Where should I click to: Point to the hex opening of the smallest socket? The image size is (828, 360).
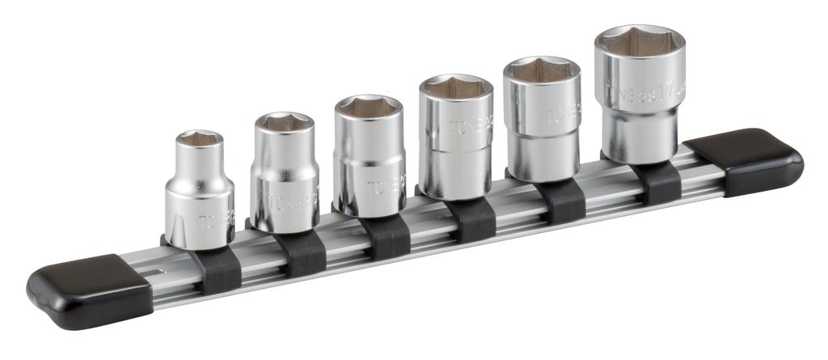200,140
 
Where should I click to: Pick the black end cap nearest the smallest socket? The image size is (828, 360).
89,289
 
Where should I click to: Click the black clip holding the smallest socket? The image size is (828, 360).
216,271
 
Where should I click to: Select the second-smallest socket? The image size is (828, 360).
284,174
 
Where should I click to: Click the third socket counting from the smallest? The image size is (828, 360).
369,158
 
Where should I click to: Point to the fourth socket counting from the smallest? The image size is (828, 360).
455,138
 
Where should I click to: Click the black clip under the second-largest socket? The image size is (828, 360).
561,201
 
